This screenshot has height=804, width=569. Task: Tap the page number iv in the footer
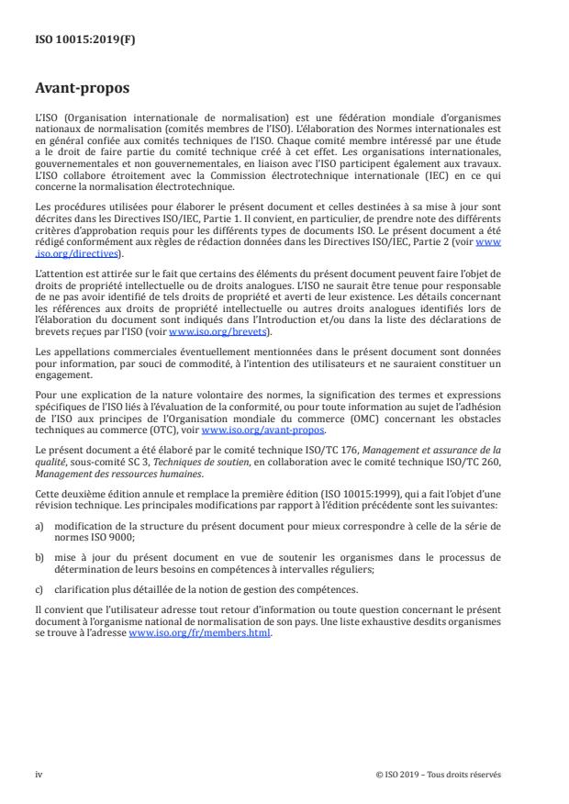tap(39, 774)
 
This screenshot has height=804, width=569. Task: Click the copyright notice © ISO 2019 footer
tap(439, 774)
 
